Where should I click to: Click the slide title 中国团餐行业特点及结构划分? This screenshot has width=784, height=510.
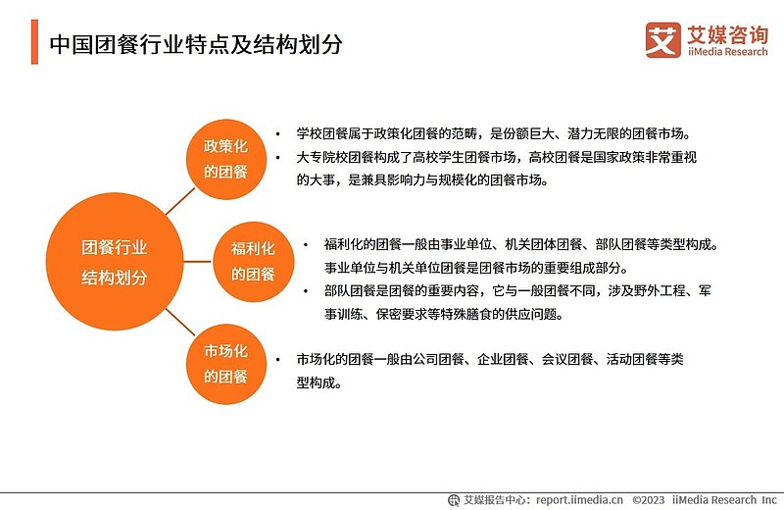click(x=196, y=44)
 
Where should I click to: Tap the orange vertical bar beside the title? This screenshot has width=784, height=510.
click(x=34, y=42)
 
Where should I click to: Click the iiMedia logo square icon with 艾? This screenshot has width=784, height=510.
click(x=663, y=40)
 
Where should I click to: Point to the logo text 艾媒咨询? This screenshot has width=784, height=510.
click(x=727, y=35)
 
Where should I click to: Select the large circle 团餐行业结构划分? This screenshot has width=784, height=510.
click(x=115, y=261)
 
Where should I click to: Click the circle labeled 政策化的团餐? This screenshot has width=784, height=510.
click(x=226, y=159)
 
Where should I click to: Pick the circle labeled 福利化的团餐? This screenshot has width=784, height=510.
click(x=254, y=262)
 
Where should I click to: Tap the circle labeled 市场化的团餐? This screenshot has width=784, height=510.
click(x=226, y=365)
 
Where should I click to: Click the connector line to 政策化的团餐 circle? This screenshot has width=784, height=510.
click(x=179, y=202)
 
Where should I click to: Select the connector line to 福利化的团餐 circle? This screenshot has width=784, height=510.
click(x=198, y=261)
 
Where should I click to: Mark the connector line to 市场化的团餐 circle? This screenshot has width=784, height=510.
click(x=179, y=322)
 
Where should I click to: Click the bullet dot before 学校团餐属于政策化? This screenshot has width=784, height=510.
click(x=278, y=134)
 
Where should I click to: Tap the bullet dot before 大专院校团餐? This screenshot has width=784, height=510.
click(x=278, y=158)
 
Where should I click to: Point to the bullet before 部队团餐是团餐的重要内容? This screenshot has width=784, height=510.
click(x=306, y=290)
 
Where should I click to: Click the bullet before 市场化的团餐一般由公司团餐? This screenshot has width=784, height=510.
click(x=278, y=359)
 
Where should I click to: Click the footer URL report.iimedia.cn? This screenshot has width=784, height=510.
click(x=579, y=500)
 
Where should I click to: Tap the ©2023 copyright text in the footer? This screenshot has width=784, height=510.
click(x=649, y=500)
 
